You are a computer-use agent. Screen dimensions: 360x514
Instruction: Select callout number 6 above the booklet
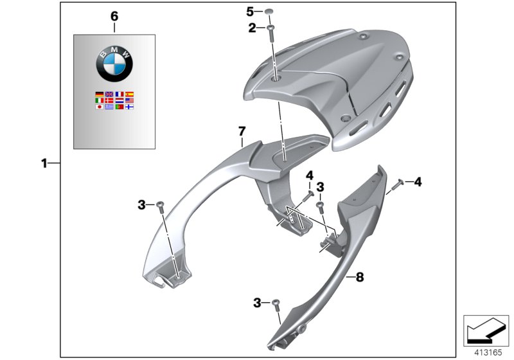click(x=114, y=15)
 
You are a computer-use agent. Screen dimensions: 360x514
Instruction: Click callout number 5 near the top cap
click(x=251, y=11)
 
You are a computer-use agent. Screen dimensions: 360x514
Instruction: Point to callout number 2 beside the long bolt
click(x=252, y=28)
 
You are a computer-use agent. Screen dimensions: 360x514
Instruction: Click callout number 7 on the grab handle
click(x=242, y=131)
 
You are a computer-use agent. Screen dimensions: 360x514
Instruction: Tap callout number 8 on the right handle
click(x=359, y=277)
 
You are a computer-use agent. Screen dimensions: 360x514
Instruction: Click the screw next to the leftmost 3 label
click(x=161, y=206)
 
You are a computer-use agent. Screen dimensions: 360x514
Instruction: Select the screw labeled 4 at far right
click(x=394, y=185)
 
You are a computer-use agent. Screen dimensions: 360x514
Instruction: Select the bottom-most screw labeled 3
click(x=277, y=305)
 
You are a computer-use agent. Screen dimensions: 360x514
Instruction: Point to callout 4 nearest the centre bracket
click(x=308, y=175)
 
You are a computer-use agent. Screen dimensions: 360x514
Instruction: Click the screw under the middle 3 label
click(x=321, y=206)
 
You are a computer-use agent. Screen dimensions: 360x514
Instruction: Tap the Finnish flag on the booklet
click(x=129, y=107)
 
